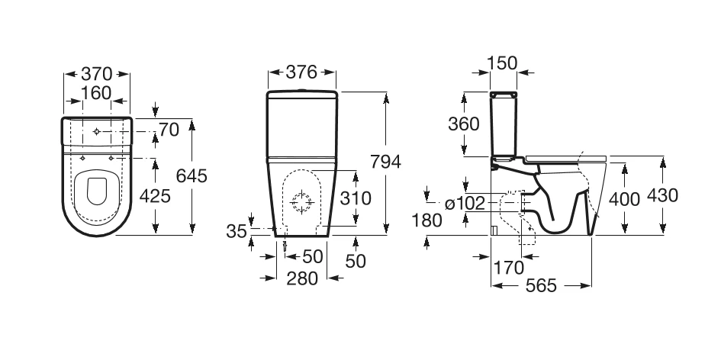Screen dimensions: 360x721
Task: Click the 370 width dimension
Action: point(97,74)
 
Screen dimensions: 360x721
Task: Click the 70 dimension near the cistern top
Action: point(169,130)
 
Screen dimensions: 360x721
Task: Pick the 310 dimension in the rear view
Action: point(356,198)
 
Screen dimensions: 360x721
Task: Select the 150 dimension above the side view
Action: point(501,63)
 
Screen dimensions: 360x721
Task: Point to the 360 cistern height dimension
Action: point(464,124)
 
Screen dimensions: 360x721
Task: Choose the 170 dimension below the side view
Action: point(509,268)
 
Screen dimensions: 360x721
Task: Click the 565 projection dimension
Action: point(540,286)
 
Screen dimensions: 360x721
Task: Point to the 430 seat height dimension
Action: point(662,196)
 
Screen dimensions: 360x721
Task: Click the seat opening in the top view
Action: point(97,190)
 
